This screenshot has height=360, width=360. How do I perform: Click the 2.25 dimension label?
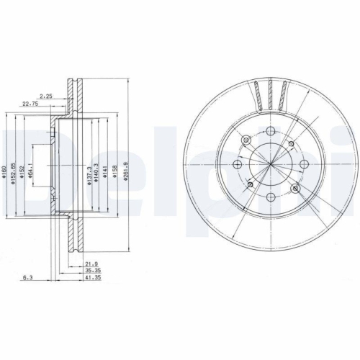click(47, 94)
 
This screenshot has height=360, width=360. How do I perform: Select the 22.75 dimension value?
click(30, 103)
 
